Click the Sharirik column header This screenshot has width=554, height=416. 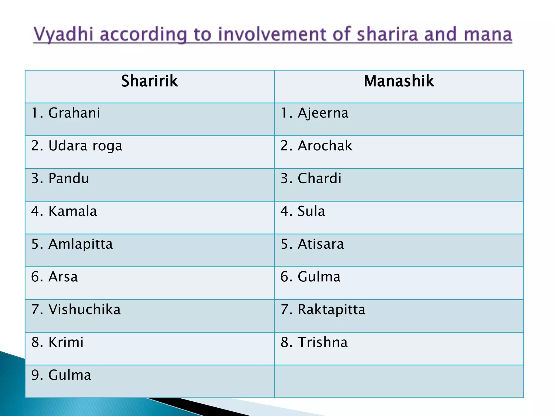click(149, 81)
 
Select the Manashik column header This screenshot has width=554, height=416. click(399, 81)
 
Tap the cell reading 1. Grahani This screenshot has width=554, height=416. click(66, 113)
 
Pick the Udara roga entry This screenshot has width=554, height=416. click(77, 146)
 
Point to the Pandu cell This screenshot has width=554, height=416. click(60, 178)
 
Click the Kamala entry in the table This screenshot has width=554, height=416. click(64, 211)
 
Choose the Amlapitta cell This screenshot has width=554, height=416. click(72, 244)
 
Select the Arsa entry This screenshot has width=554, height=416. click(54, 277)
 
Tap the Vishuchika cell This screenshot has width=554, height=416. click(76, 310)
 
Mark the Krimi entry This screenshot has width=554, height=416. click(57, 342)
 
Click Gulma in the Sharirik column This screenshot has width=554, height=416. click(61, 375)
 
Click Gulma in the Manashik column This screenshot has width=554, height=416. click(310, 277)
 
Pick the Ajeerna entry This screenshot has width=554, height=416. click(315, 113)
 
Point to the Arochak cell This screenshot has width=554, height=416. click(316, 146)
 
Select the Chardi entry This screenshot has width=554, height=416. click(311, 178)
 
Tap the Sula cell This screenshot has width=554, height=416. click(303, 211)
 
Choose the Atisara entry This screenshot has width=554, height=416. click(312, 244)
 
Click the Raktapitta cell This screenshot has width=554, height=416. click(323, 310)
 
